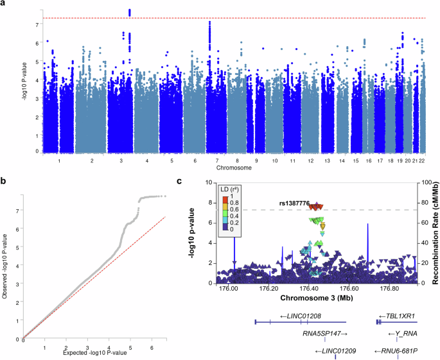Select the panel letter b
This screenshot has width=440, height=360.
pos(4,182)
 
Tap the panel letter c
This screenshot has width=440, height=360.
pos(186,183)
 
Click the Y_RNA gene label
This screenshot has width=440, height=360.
pos(403,334)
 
